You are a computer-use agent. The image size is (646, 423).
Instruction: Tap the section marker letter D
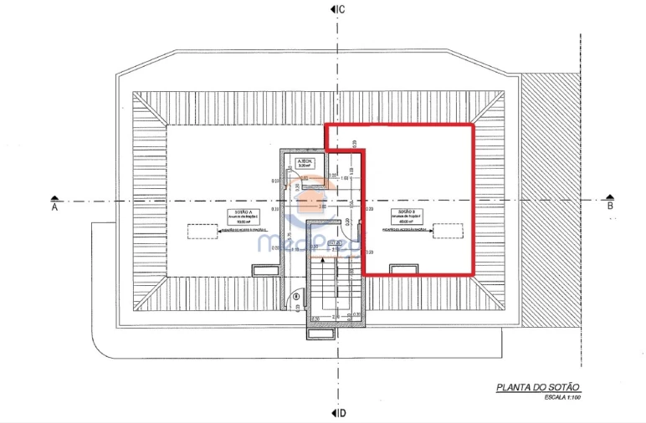coord(342,413)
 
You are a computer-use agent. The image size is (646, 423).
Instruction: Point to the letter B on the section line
coord(610,206)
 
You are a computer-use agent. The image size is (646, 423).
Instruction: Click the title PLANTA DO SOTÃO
coord(538,387)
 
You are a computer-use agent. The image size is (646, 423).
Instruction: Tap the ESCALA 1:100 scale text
coord(561,397)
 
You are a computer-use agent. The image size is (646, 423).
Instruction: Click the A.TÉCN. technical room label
coord(305,162)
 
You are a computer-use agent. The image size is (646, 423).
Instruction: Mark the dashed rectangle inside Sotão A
coord(203,231)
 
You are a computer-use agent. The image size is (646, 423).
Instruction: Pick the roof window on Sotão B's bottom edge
coord(404,269)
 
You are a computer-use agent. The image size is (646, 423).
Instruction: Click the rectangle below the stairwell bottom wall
coord(320,334)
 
